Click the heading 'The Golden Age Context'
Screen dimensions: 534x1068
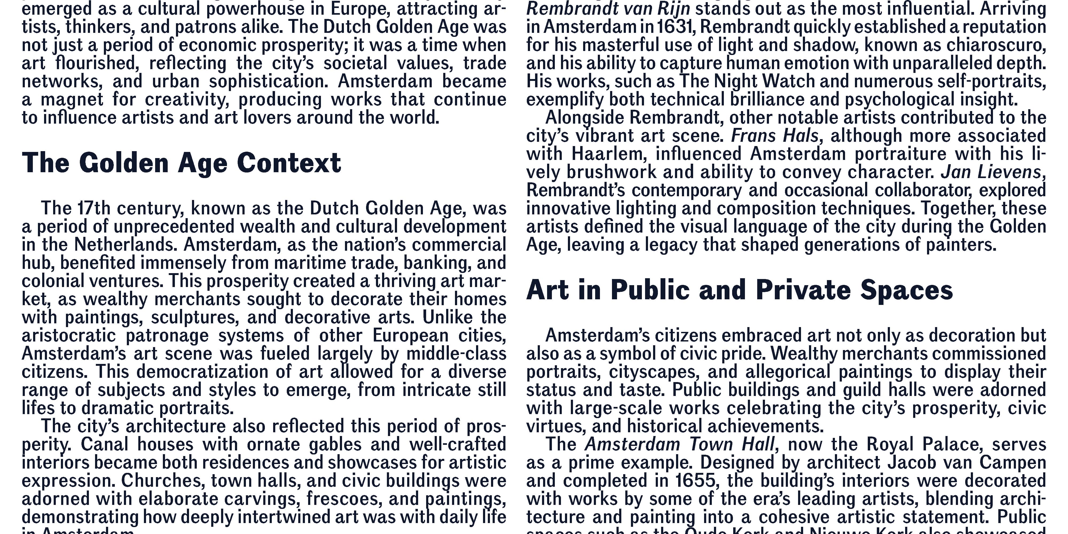pos(181,163)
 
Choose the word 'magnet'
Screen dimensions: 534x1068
pos(72,100)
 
